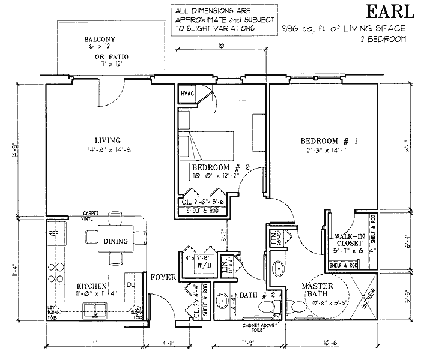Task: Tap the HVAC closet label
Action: tap(187, 94)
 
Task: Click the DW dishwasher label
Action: tap(130, 284)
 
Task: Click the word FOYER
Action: tap(162, 278)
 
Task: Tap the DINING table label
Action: tap(115, 241)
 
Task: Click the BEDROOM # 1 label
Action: tap(329, 142)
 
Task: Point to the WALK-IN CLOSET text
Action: tap(349, 239)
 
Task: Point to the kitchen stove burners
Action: tap(53, 271)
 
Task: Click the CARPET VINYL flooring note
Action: tap(92, 215)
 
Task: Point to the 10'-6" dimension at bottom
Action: tap(330, 343)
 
